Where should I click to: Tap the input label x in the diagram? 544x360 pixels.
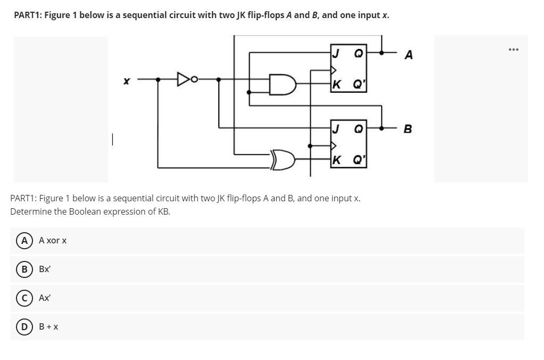126,81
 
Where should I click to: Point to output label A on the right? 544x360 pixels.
408,55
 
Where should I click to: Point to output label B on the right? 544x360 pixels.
408,129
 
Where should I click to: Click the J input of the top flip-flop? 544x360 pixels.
336,53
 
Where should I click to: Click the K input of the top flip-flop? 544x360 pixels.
336,84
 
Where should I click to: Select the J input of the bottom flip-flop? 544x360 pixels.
336,128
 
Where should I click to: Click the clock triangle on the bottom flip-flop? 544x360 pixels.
333,145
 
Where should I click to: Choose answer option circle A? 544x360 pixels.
24,241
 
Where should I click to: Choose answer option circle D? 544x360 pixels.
24,326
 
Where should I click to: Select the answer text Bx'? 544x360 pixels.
45,269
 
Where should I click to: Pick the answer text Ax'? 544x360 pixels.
45,298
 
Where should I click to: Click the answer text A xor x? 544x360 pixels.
53,241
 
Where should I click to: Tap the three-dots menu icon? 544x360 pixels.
513,50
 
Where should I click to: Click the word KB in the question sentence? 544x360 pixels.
164,211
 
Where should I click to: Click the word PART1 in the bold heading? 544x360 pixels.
27,15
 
